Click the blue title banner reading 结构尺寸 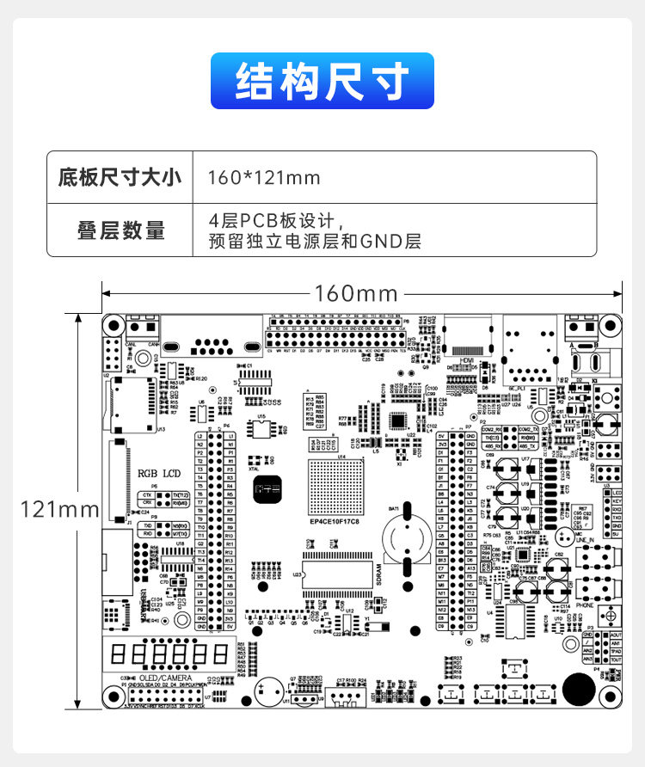(x=322, y=81)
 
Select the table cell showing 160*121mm (x=265, y=178)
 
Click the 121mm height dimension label (x=60, y=509)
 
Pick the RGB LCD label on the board (x=160, y=474)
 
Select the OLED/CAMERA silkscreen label (x=164, y=678)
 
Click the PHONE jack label (x=585, y=605)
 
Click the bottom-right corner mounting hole (x=610, y=696)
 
